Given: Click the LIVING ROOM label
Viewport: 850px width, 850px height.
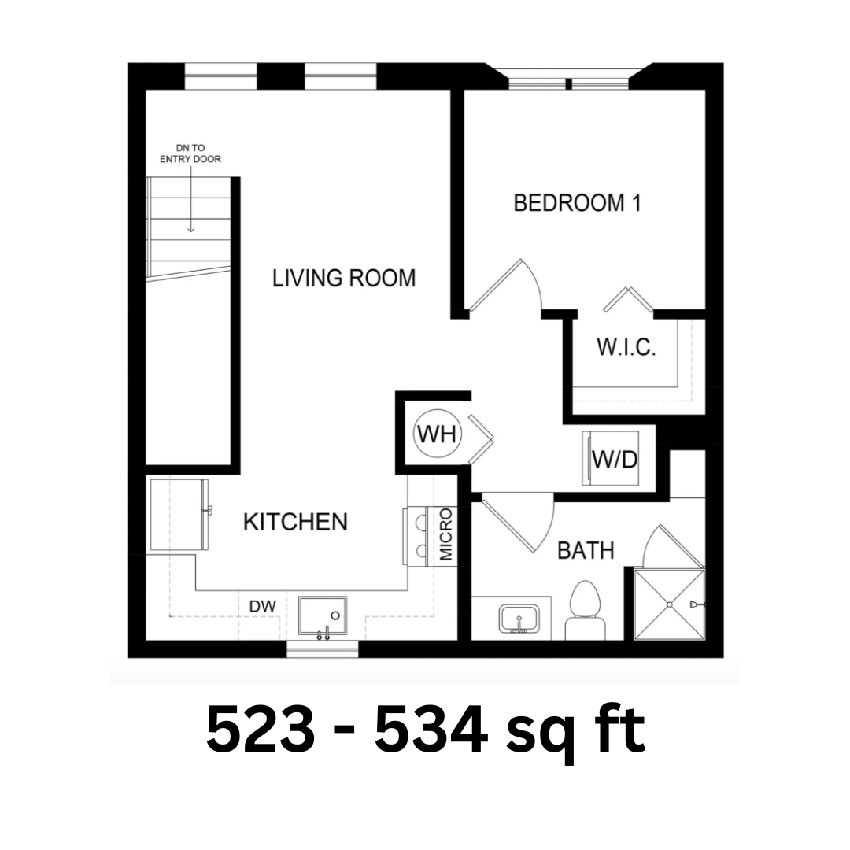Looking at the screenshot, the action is [344, 278].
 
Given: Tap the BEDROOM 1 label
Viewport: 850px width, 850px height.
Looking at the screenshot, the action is [578, 203].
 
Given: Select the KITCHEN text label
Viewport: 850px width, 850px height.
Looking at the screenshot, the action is [295, 522].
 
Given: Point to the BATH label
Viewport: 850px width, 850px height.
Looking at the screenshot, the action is [586, 551].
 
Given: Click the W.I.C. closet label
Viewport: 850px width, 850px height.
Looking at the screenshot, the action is [626, 347].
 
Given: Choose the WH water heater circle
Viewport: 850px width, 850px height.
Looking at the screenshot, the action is [438, 434].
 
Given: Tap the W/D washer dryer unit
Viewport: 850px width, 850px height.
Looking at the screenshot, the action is [611, 459].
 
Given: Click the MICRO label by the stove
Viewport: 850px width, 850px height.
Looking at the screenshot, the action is [445, 534].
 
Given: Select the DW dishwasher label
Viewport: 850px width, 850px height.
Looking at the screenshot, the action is [263, 606].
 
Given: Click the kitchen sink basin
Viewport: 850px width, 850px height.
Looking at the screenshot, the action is [323, 615].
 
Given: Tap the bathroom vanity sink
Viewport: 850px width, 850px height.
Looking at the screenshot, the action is [519, 619].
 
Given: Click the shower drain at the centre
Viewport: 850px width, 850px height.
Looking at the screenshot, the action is [670, 604].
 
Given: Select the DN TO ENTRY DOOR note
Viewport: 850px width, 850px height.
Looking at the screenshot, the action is [190, 153].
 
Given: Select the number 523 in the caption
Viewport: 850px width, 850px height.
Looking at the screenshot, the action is [261, 728].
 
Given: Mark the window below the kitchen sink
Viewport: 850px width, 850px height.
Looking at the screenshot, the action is [323, 649].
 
